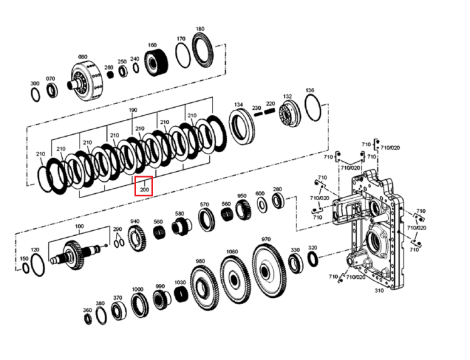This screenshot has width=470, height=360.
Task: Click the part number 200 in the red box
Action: coord(145,189)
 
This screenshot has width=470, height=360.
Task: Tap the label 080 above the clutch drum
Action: coord(83,56)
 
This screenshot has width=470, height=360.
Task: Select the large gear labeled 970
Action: coord(268,271)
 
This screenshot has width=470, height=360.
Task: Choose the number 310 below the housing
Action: coord(379,290)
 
